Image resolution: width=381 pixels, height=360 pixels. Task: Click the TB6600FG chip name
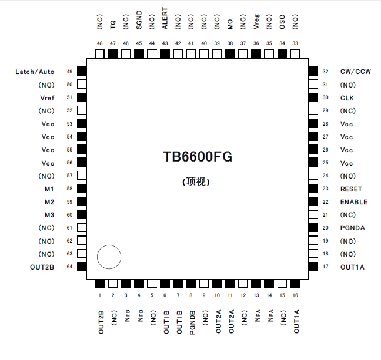(x=198, y=157)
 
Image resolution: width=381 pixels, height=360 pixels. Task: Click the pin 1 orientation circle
(x=109, y=257)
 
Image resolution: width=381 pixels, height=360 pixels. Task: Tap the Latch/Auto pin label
(x=35, y=72)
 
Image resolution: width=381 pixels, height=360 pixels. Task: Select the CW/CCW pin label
(x=355, y=72)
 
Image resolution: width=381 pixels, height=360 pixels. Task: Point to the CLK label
(x=347, y=98)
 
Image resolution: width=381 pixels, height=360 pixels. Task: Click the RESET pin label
(x=351, y=189)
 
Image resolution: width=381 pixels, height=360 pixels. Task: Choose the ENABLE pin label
(x=353, y=202)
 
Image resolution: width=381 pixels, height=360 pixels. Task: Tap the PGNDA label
(x=352, y=228)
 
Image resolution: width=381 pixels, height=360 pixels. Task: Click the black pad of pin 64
(x=82, y=267)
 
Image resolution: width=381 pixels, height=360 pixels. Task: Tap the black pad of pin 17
(x=313, y=267)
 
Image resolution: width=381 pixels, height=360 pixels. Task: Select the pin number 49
(x=69, y=72)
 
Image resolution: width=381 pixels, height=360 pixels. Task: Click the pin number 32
(x=325, y=72)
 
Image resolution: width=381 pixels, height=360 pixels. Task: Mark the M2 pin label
(x=49, y=202)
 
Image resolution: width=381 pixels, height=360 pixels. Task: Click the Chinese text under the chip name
(x=197, y=182)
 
